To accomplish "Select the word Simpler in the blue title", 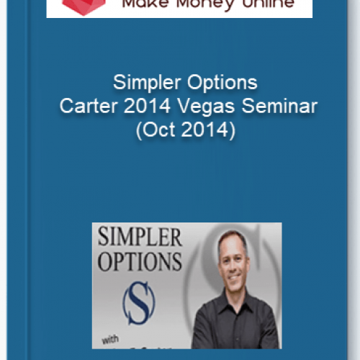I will click(143, 81).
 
